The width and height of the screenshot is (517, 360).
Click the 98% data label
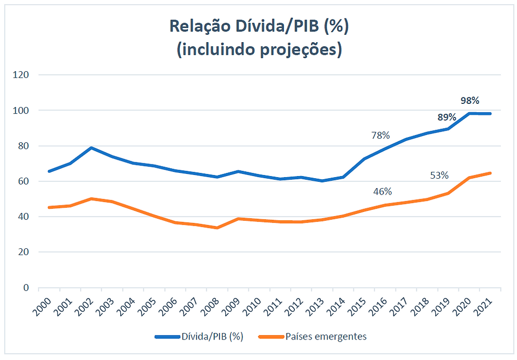pyautogui.click(x=469, y=101)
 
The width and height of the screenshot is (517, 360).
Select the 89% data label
pyautogui.click(x=447, y=117)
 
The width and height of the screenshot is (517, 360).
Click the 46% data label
pyautogui.click(x=382, y=191)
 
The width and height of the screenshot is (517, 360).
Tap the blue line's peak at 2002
pyautogui.click(x=92, y=148)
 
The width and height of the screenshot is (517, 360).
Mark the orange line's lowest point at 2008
pyautogui.click(x=217, y=228)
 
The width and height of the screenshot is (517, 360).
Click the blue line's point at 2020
pyautogui.click(x=470, y=113)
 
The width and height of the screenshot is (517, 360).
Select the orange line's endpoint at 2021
pyautogui.click(x=491, y=173)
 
